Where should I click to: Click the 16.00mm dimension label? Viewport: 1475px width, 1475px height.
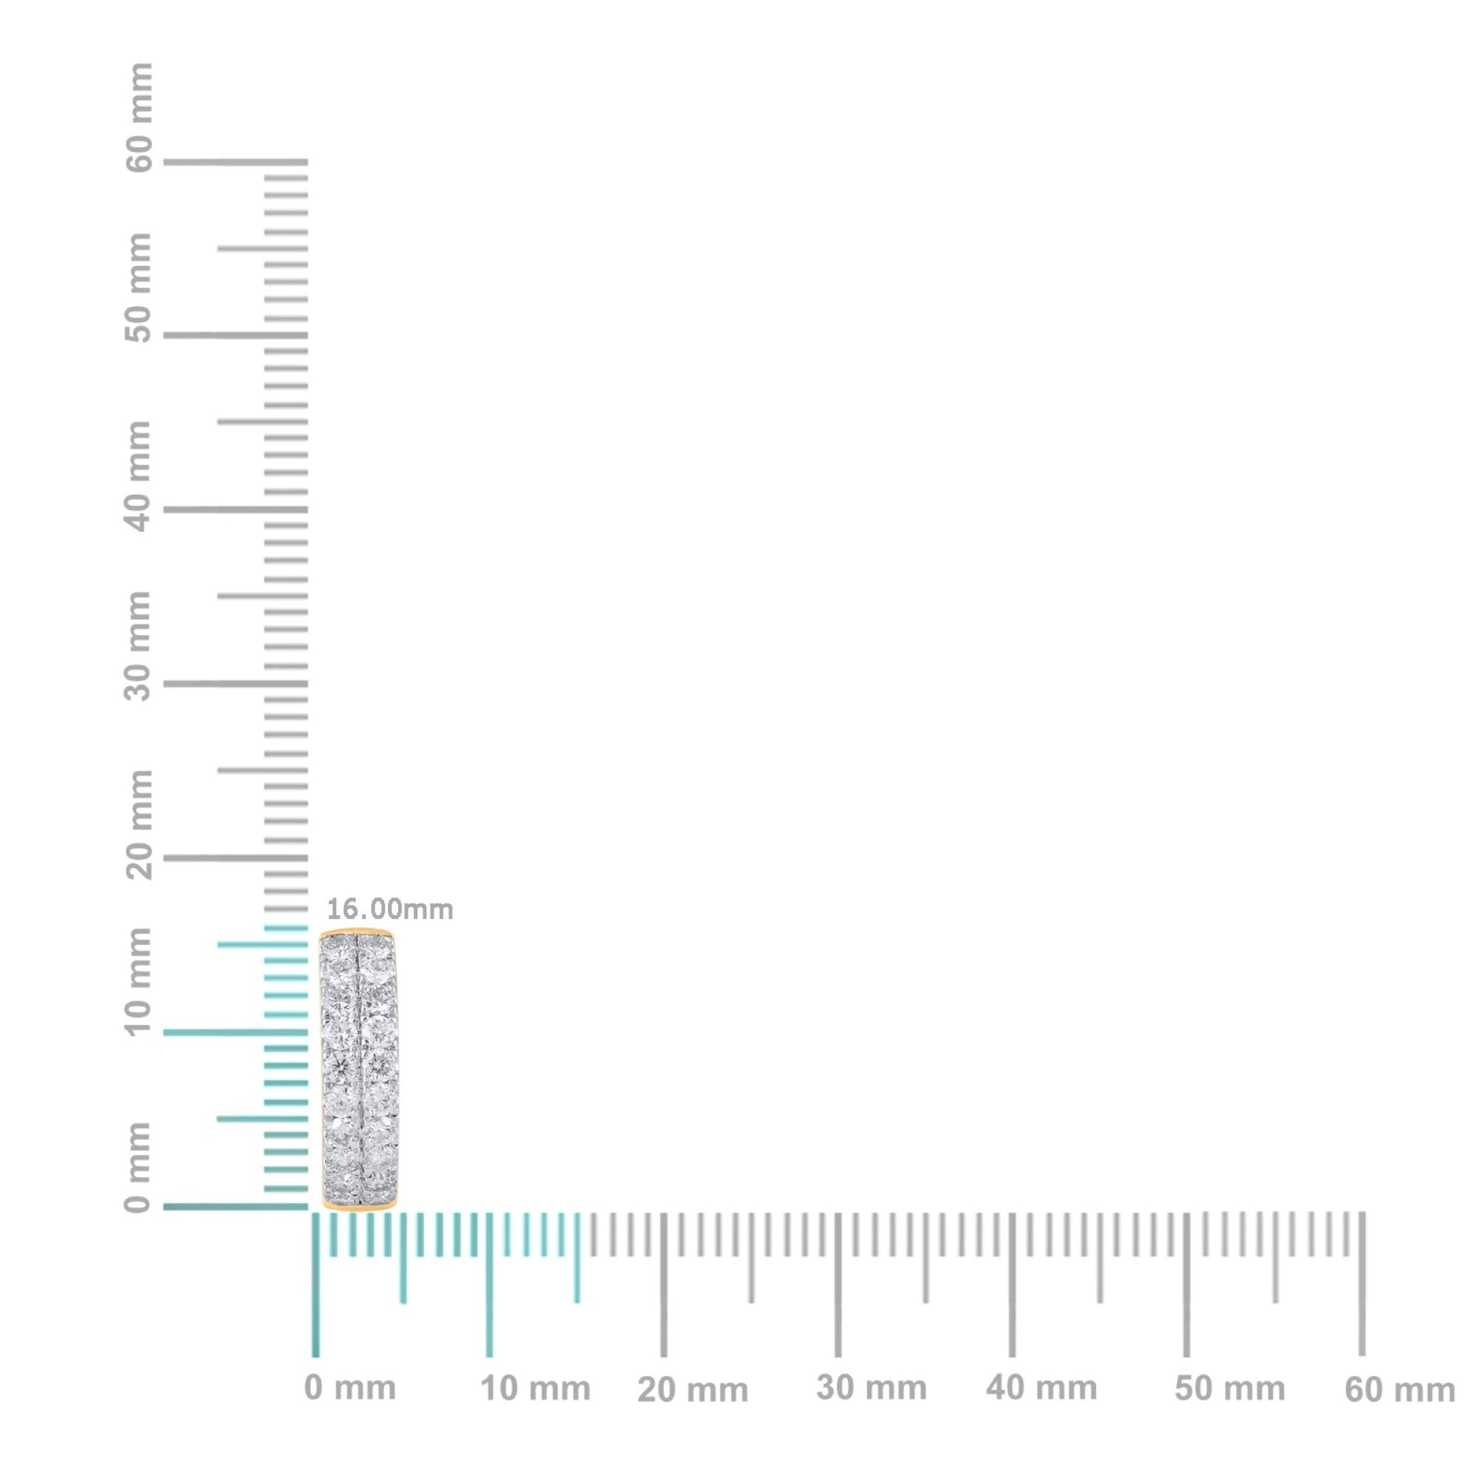tap(390, 910)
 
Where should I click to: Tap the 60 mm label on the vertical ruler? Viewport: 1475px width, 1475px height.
tap(139, 117)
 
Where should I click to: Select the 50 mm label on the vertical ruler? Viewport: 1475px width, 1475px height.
tap(139, 288)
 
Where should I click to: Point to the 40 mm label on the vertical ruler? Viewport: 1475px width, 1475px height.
tap(139, 477)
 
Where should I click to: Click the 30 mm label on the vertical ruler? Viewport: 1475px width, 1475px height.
tap(139, 645)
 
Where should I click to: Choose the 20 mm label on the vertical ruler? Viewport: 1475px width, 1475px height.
tap(139, 824)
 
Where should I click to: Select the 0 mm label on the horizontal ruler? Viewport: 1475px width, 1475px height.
tap(349, 1388)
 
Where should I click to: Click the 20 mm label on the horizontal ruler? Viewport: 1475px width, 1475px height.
tap(693, 1390)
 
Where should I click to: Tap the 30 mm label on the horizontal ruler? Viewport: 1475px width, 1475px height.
tap(871, 1388)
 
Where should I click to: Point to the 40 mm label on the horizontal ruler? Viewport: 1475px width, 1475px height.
tap(1041, 1388)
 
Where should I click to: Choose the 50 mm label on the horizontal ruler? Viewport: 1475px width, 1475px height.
tap(1229, 1389)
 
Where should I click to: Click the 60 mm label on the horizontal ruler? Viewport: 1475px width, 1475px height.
tap(1399, 1390)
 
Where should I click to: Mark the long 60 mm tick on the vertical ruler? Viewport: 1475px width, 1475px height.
tap(235, 162)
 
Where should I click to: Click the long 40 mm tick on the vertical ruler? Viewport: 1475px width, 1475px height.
tap(235, 509)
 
